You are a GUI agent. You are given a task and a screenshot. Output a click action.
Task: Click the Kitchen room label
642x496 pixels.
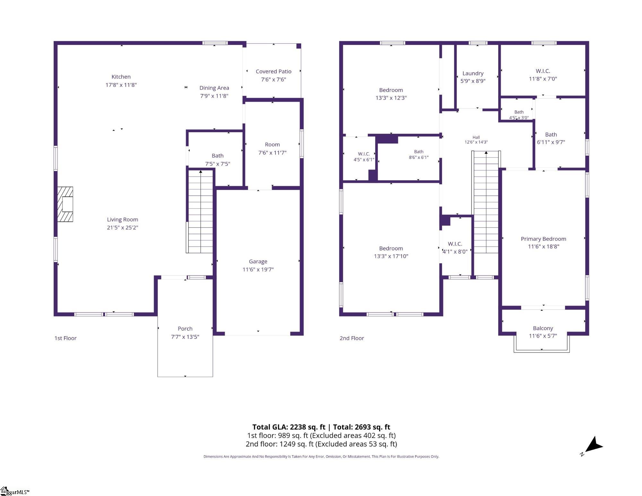[x=121, y=77]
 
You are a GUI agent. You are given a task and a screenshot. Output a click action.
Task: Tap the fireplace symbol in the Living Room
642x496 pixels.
[x=65, y=204]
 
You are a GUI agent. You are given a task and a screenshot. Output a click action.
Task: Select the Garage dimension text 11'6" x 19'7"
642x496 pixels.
[x=258, y=269]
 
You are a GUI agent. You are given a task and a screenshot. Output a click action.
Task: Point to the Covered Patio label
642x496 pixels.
[x=273, y=71]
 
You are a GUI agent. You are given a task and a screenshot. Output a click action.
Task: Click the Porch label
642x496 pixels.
[x=185, y=328]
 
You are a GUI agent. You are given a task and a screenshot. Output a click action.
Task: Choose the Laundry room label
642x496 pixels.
[x=473, y=74]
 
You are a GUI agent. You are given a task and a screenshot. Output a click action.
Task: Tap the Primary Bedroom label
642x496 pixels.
[x=543, y=239]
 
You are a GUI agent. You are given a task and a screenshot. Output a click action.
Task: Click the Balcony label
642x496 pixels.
[x=543, y=328]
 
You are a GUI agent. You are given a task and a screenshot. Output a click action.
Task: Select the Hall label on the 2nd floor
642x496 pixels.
[x=476, y=137]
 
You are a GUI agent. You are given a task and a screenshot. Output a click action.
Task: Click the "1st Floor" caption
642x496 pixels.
[x=65, y=338]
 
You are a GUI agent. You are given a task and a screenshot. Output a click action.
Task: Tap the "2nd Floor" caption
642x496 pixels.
[x=352, y=338]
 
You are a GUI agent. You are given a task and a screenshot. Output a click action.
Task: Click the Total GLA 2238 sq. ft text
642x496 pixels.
[x=289, y=427]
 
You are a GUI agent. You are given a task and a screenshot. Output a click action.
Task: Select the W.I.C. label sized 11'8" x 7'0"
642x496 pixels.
[x=543, y=71]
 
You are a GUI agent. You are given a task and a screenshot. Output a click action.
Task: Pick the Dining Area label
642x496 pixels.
[x=214, y=88]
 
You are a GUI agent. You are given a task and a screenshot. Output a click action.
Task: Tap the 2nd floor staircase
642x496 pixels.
[x=486, y=202]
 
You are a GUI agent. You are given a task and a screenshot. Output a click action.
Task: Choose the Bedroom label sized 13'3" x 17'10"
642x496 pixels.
[x=391, y=248]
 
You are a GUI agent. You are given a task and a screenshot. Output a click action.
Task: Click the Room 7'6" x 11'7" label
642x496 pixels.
[x=272, y=144]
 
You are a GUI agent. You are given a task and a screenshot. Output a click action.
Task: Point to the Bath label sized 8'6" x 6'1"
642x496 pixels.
[x=419, y=152]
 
